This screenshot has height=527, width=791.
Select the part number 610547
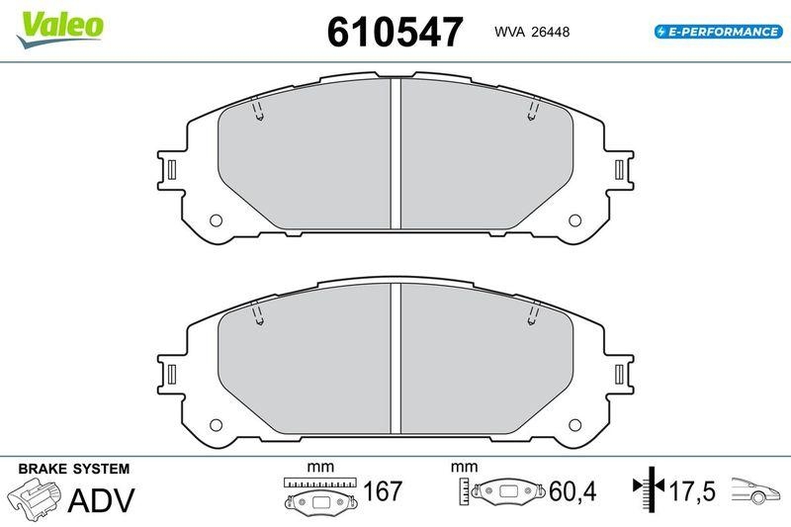pos(395,33)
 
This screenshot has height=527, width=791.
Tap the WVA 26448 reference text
pos(530,32)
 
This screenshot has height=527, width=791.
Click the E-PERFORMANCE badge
pos(717,32)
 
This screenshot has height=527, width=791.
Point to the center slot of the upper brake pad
pos(395,153)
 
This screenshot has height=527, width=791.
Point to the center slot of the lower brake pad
pos(395,359)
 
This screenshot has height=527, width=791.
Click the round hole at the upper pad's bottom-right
pos(572,220)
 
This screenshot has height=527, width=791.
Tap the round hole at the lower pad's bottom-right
pos(572,426)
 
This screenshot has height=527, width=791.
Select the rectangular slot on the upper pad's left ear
pos(172,169)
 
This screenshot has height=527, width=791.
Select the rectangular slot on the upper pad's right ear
pos(619,169)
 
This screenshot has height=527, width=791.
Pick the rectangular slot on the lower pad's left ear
pos(172,375)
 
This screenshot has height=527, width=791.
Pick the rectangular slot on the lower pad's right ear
pos(619,375)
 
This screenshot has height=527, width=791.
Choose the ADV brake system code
pos(101,499)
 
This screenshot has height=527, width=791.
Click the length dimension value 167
pos(383,490)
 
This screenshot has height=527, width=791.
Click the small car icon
pos(756,488)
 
